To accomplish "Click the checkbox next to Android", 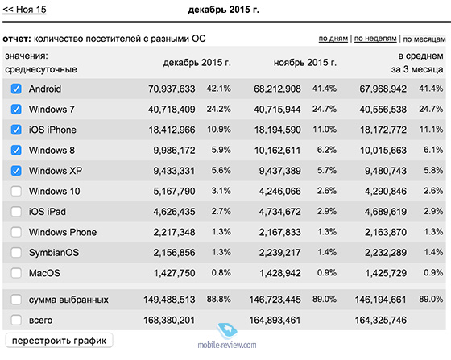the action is click(x=16, y=89).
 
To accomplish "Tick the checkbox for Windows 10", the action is click(x=16, y=191).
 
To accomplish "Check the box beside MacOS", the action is click(x=16, y=273).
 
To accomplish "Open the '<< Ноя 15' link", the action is click(x=24, y=10).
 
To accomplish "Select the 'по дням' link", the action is click(x=333, y=39).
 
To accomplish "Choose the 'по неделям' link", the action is click(x=375, y=39).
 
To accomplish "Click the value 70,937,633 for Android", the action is click(x=172, y=89).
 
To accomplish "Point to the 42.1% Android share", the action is click(x=218, y=89).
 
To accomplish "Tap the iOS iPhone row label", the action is click(x=52, y=130).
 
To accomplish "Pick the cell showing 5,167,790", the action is click(x=174, y=191).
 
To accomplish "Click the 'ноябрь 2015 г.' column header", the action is click(x=305, y=62).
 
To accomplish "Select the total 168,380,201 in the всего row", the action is click(x=169, y=320).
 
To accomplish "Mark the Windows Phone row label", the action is click(x=63, y=232).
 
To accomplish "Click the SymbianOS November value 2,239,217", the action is click(x=280, y=253).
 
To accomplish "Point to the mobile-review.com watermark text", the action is click(x=227, y=345).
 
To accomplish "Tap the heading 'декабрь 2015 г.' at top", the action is click(x=224, y=10).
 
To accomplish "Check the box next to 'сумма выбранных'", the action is click(x=16, y=300).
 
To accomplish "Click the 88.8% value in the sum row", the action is click(x=218, y=299).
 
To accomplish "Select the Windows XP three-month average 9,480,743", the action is click(x=386, y=171).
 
